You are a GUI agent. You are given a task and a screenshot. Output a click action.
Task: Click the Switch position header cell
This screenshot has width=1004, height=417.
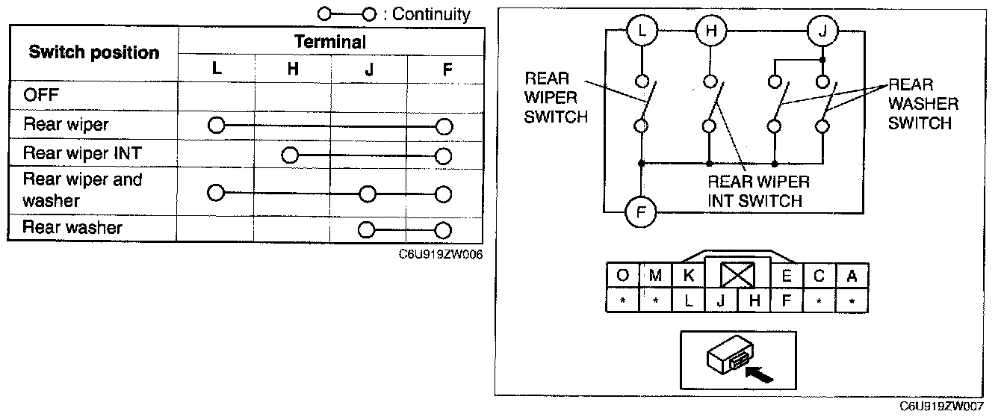pyautogui.click(x=94, y=53)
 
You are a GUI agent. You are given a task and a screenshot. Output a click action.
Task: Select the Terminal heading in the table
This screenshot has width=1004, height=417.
pyautogui.click(x=330, y=42)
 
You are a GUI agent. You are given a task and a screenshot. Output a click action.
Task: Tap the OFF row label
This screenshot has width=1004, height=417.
pyautogui.click(x=41, y=95)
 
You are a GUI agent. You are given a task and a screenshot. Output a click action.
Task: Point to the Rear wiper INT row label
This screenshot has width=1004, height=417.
pyautogui.click(x=82, y=153)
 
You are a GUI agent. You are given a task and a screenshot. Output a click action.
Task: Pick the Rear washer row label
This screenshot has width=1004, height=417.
pyautogui.click(x=72, y=227)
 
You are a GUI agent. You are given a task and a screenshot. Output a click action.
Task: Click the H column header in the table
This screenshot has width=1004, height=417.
pyautogui.click(x=293, y=69)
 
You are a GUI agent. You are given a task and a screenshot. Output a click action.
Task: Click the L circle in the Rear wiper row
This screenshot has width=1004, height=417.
pyautogui.click(x=217, y=126)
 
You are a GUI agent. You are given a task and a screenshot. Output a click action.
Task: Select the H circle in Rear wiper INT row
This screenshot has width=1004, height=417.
pyautogui.click(x=290, y=155)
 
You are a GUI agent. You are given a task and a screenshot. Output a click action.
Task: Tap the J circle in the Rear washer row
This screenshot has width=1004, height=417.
pyautogui.click(x=367, y=230)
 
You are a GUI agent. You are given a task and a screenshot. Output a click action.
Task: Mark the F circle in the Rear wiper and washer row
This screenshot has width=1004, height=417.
pyautogui.click(x=443, y=194)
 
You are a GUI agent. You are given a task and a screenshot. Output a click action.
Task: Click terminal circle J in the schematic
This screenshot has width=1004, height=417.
pyautogui.click(x=822, y=31)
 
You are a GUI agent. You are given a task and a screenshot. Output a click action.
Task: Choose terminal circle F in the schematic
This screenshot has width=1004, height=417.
pyautogui.click(x=641, y=212)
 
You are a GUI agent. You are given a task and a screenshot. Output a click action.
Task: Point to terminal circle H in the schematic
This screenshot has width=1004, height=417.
pyautogui.click(x=711, y=31)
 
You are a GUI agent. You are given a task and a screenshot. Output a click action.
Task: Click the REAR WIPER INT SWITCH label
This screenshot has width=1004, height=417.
pyautogui.click(x=758, y=191)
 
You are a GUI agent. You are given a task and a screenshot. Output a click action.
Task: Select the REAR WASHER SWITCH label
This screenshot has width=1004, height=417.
pyautogui.click(x=923, y=104)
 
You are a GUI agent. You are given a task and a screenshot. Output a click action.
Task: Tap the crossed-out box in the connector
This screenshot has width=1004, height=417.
pyautogui.click(x=737, y=275)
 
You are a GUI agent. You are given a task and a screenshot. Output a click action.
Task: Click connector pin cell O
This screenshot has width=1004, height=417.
pyautogui.click(x=622, y=275)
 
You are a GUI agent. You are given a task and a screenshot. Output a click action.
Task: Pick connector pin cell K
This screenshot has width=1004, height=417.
pyautogui.click(x=689, y=275)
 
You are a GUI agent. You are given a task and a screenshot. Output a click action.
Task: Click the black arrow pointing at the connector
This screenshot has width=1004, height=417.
pyautogui.click(x=759, y=374)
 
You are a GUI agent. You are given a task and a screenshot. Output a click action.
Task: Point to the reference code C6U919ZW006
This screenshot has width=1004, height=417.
pyautogui.click(x=441, y=255)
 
